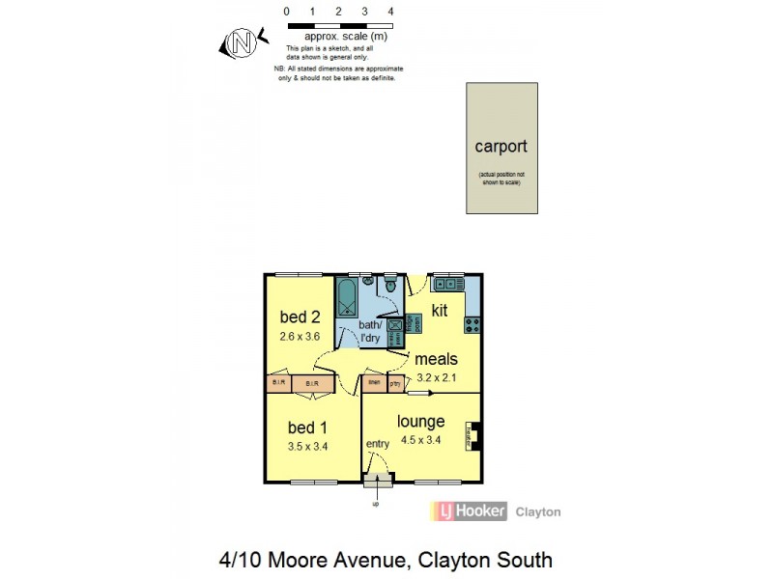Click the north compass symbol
click(242, 42)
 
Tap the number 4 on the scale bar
click(389, 12)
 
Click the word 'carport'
click(501, 147)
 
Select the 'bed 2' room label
click(300, 317)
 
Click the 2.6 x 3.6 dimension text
click(300, 337)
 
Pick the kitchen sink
click(447, 284)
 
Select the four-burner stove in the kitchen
click(472, 323)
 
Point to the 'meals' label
click(438, 359)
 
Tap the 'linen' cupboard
click(374, 383)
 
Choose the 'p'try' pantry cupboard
click(395, 383)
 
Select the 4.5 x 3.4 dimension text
click(421, 440)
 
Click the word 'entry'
click(377, 444)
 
